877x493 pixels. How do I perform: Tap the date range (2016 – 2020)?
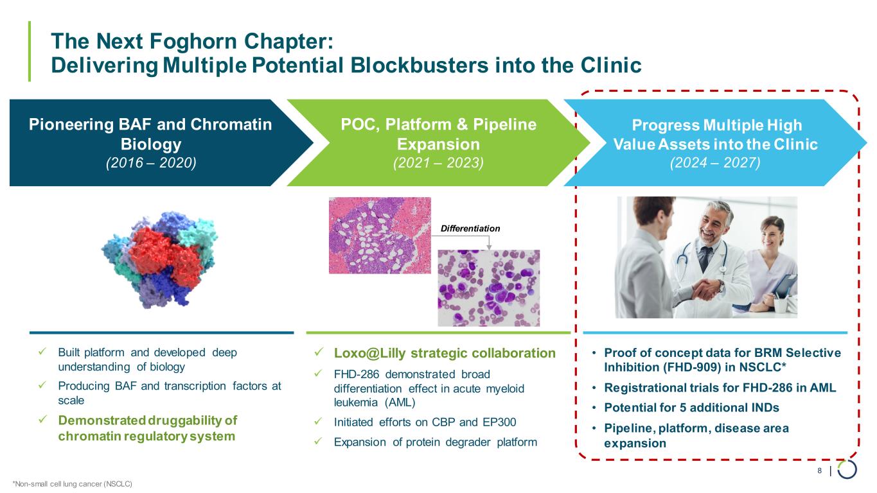151,163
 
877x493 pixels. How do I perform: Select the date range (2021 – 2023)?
438,163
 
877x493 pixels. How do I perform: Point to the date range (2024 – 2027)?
715,163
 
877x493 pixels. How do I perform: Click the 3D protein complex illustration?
160,259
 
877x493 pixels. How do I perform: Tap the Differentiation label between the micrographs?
470,229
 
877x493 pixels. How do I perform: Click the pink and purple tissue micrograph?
380,235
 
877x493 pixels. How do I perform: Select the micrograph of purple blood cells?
488,288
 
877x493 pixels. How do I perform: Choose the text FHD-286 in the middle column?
357,374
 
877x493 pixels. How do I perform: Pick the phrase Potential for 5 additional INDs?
691,408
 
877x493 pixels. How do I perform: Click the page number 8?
819,471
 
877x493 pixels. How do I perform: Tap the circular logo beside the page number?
847,469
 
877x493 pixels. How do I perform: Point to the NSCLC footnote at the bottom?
73,484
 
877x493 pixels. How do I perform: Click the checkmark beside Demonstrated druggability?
42,420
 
